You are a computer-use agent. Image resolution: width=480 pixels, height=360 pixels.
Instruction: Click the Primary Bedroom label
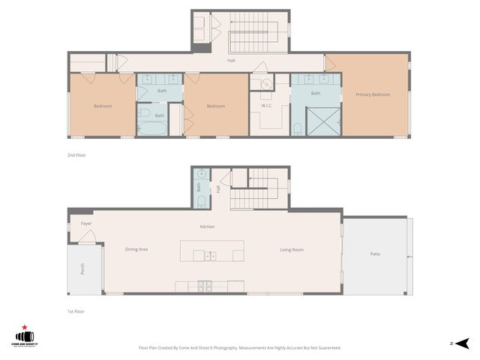[373, 94]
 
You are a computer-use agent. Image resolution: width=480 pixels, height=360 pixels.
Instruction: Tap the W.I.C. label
[267, 106]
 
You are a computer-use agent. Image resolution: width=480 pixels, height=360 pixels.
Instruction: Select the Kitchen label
[208, 226]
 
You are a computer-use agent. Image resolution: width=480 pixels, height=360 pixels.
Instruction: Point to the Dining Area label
[136, 249]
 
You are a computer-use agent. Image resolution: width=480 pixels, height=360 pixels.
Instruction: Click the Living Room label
[292, 250]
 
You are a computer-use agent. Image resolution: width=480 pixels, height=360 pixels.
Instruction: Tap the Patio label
[375, 254]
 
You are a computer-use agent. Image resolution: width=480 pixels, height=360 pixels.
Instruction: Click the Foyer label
[85, 223]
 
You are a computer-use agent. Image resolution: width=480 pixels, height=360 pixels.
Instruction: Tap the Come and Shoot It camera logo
[27, 337]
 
